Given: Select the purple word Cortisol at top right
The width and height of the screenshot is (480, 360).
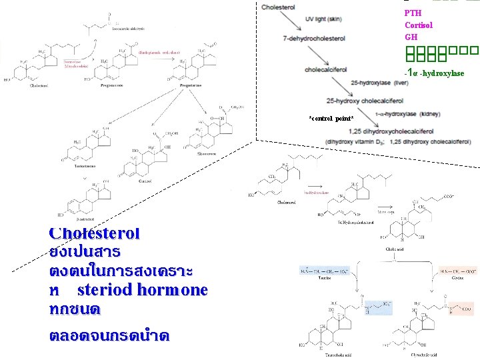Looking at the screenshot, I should pyautogui.click(x=419, y=25).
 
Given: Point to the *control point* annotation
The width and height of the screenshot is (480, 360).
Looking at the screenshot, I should pyautogui.click(x=331, y=118).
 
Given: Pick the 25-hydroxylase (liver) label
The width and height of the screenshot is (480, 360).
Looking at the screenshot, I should pyautogui.click(x=379, y=83).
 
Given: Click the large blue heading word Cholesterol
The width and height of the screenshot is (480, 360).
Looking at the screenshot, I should pyautogui.click(x=94, y=233).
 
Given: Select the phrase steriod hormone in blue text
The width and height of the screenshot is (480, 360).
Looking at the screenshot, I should pyautogui.click(x=142, y=290).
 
